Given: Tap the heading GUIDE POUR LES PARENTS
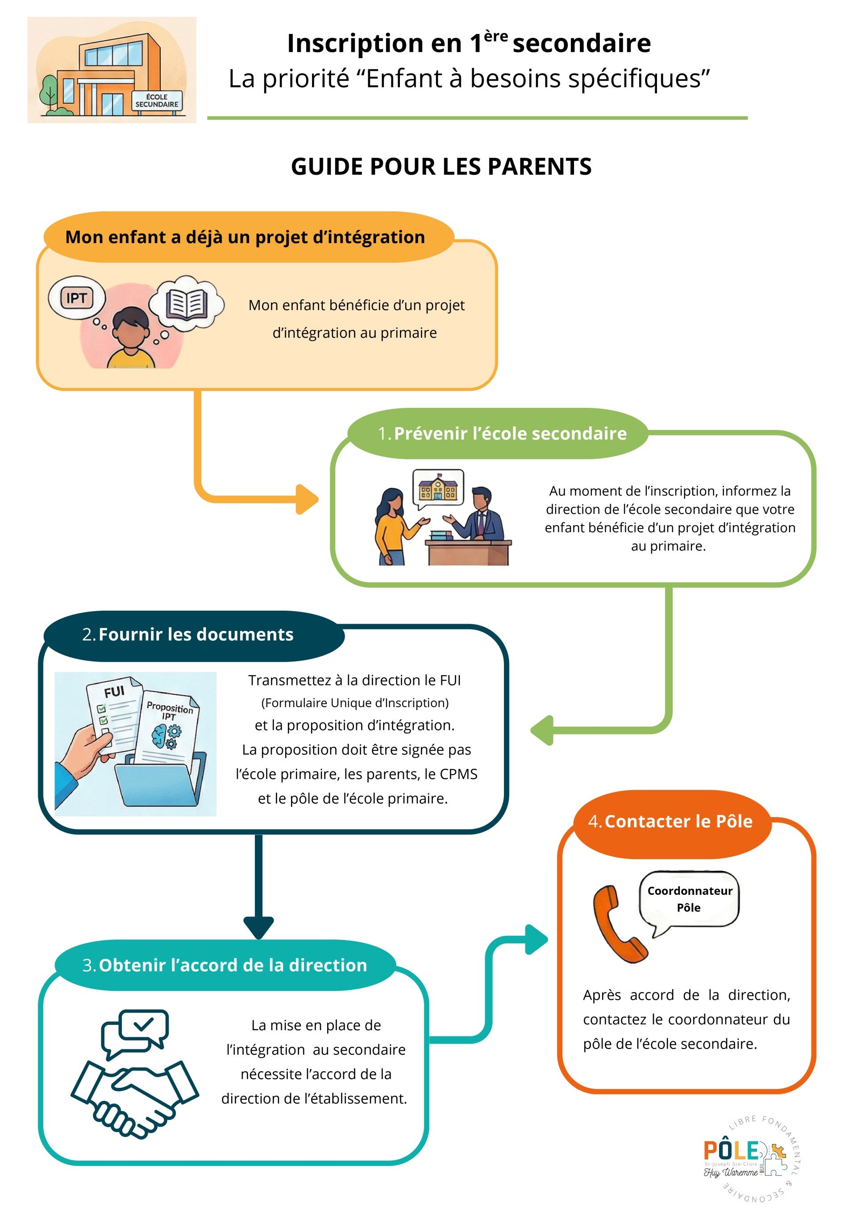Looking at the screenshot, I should point(441,167).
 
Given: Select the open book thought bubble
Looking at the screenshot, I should point(186,303).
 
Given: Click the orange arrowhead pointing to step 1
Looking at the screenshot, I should point(307,499).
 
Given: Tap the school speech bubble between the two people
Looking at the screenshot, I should point(437,488).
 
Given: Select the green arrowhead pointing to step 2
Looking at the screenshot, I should point(542,730).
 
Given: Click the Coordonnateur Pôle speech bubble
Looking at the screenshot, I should point(689,899).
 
